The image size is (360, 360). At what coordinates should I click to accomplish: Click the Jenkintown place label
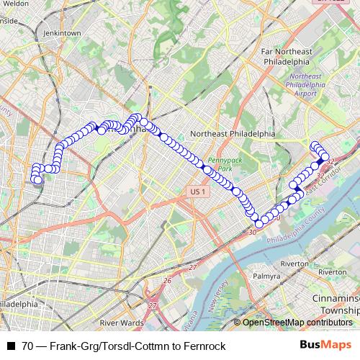(x=61, y=33)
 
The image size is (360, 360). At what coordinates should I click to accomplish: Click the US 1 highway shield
(x=199, y=191)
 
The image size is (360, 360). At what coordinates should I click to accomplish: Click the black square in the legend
(x=10, y=346)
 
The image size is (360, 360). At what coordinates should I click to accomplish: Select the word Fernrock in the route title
(x=205, y=346)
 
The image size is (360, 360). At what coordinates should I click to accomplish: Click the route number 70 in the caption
(x=27, y=346)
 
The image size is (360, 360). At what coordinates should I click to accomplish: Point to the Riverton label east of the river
(x=332, y=272)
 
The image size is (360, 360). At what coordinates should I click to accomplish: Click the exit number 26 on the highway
(x=167, y=281)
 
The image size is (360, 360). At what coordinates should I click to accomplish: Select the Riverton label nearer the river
(x=294, y=264)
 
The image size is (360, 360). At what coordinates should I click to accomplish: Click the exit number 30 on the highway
(x=252, y=232)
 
